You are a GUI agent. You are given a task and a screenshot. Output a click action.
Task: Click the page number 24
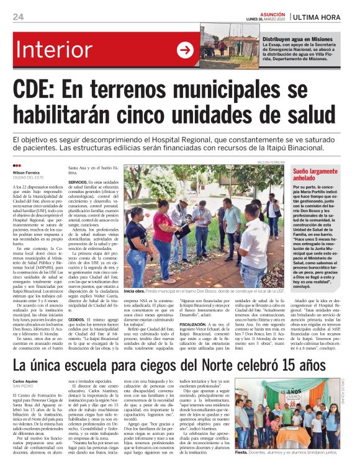click(x=18, y=16)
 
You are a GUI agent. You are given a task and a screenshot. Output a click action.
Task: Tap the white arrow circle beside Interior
click(x=185, y=50)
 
